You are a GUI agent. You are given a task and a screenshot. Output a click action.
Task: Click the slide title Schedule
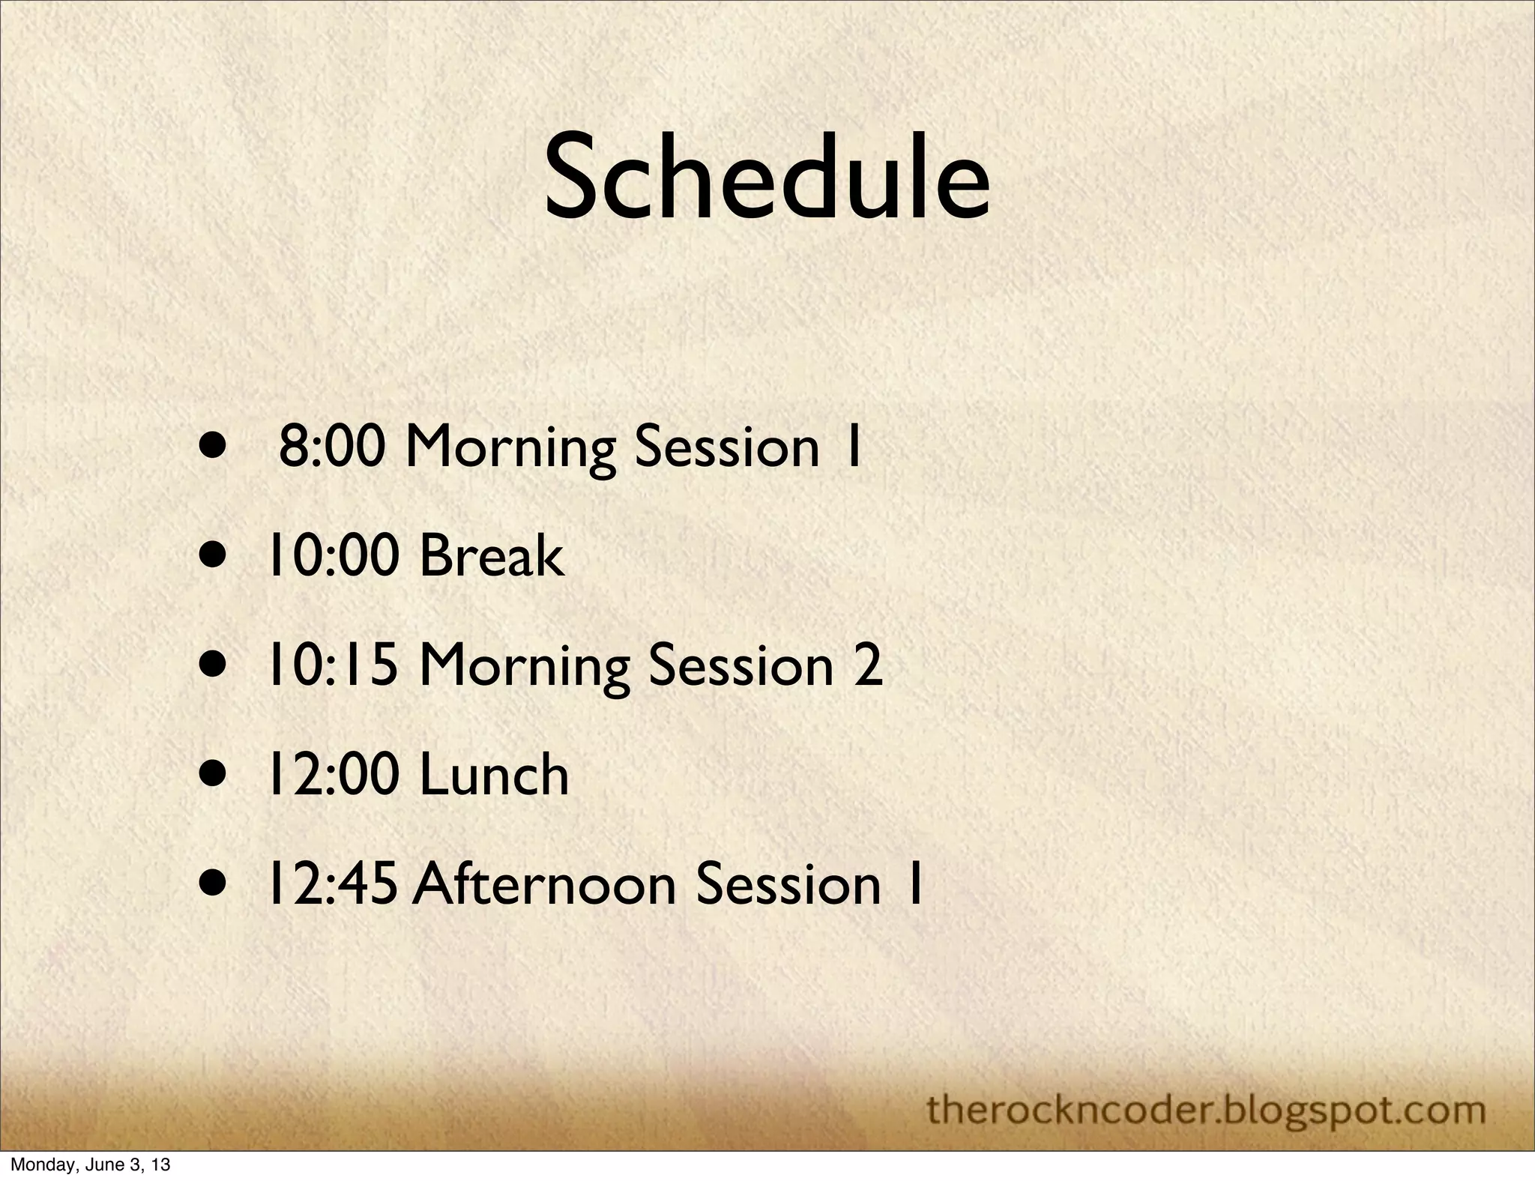pyautogui.click(x=766, y=178)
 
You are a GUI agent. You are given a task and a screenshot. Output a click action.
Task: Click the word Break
pyautogui.click(x=491, y=556)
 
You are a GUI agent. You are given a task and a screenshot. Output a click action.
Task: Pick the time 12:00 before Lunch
pyautogui.click(x=332, y=775)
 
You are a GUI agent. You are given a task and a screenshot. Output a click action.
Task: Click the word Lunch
pyautogui.click(x=494, y=775)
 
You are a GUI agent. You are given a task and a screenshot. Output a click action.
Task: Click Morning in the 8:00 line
pyautogui.click(x=510, y=448)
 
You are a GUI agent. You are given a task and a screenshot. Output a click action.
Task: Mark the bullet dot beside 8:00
pyautogui.click(x=214, y=447)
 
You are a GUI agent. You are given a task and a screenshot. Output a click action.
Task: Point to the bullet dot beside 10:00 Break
pyautogui.click(x=214, y=557)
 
